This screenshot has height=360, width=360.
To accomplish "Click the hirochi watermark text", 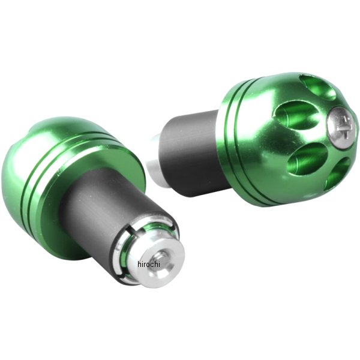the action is pyautogui.click(x=149, y=264).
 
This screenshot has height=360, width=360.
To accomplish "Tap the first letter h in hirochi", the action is pyautogui.click(x=139, y=264).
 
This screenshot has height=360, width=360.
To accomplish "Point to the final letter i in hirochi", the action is pyautogui.click(x=159, y=264).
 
